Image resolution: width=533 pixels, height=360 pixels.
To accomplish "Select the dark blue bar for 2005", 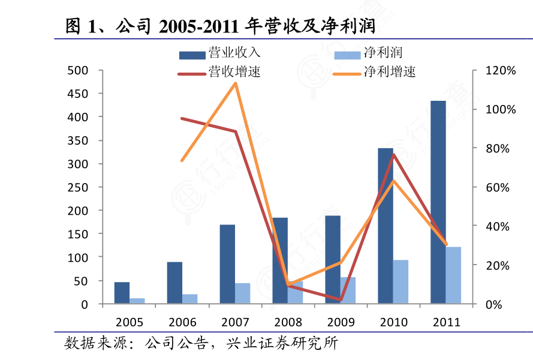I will pyautogui.click(x=122, y=293).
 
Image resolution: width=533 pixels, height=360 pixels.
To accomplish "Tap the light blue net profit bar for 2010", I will pyautogui.click(x=400, y=281).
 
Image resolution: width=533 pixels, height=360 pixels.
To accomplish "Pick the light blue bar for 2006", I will pyautogui.click(x=190, y=299).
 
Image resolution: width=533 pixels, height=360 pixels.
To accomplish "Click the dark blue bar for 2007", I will pyautogui.click(x=227, y=264).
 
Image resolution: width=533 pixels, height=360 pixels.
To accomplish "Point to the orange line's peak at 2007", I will pyautogui.click(x=235, y=83).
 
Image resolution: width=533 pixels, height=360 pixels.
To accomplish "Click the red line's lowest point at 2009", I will pyautogui.click(x=341, y=299).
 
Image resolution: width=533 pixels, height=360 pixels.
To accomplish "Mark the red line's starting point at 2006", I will pyautogui.click(x=182, y=118).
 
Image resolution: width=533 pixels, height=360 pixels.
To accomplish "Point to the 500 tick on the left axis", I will pyautogui.click(x=78, y=70).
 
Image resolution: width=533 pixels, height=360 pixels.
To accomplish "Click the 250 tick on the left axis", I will pyautogui.click(x=78, y=187).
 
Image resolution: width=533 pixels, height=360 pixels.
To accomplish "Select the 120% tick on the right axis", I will pyautogui.click(x=499, y=70).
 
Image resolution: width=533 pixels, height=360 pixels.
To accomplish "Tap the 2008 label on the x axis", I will pyautogui.click(x=288, y=322).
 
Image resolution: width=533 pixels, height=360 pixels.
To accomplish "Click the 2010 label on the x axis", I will pyautogui.click(x=393, y=322).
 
